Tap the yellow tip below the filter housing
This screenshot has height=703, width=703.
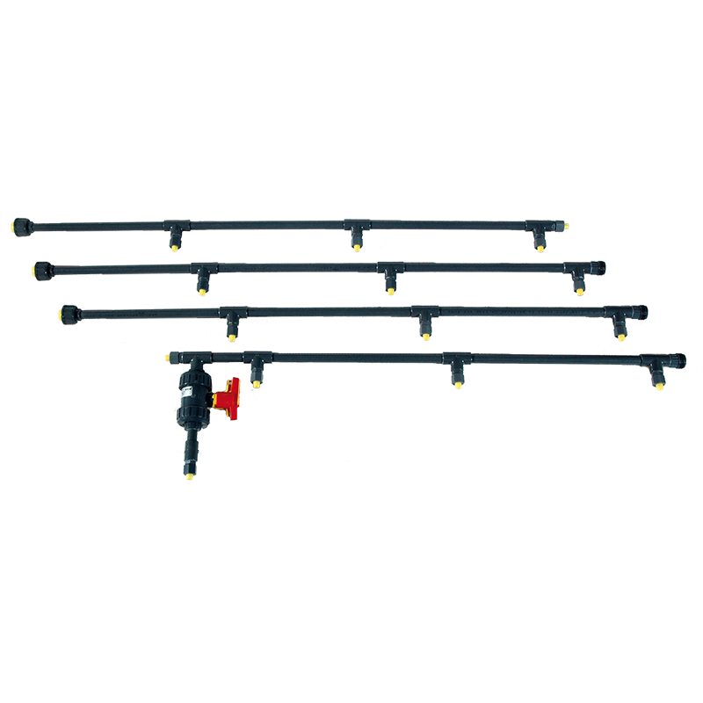point(188,472)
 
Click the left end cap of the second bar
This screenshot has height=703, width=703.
point(41,269)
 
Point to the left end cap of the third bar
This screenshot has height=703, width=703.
point(69,313)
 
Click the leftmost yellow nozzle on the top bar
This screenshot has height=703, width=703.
point(176,250)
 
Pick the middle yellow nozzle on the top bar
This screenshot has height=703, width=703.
point(356,252)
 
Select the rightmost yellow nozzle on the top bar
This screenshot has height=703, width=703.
point(540,249)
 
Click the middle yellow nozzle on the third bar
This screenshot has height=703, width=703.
point(424,336)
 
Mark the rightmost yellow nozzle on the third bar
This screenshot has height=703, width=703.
point(620,337)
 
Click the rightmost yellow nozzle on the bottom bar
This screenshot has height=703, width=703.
point(657,384)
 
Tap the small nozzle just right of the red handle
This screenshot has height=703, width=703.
point(257,383)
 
